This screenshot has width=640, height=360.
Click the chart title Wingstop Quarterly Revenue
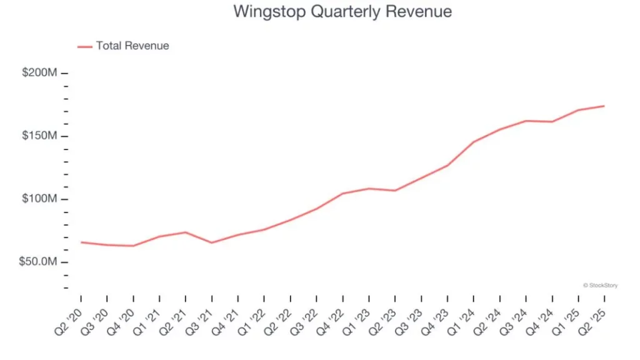pos(342,12)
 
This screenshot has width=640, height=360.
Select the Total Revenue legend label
pos(132,46)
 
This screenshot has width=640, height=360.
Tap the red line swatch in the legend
pos(85,46)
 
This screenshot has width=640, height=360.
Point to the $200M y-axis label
pos(39,73)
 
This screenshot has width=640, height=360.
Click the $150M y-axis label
pos(39,136)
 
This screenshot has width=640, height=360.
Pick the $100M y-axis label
pos(39,199)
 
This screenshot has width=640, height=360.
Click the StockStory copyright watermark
pos(600,285)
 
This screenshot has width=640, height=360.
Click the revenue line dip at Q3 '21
pos(212,242)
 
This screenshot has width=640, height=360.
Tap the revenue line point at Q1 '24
pos(474,142)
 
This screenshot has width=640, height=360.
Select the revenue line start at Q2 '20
pos(81,242)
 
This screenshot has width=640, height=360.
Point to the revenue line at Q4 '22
pos(342,193)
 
